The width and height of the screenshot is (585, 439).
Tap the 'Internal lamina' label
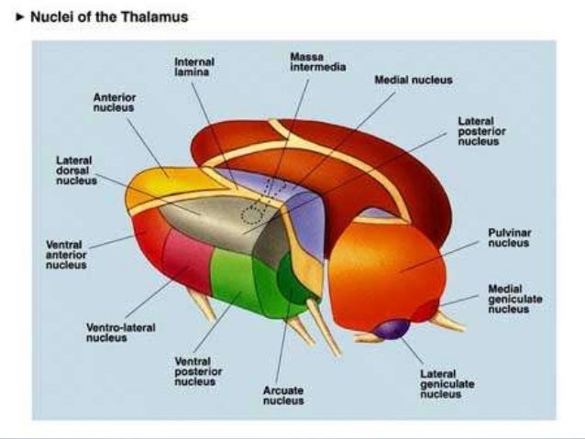pos(193,66)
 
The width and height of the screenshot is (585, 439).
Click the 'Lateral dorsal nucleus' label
pos(74,170)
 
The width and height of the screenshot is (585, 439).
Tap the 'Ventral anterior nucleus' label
pos(65,255)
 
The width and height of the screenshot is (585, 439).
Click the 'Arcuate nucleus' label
pos(283,395)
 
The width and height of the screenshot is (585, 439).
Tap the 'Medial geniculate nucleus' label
pos(509,299)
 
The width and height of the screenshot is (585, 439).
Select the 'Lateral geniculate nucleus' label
pos(447,384)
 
